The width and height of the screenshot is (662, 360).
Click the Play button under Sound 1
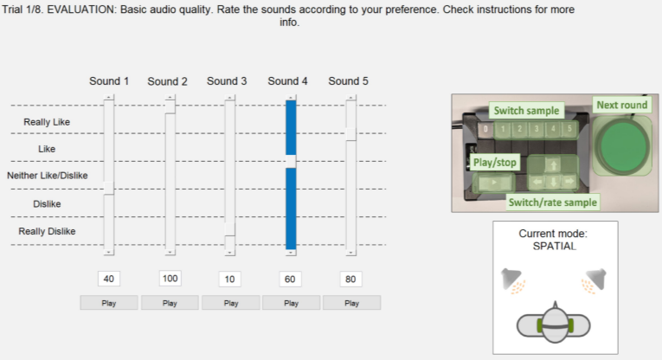[109, 303]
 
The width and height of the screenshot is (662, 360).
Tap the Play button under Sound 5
[351, 303]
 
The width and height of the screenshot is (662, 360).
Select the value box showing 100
[170, 279]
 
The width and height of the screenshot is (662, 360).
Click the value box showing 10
[229, 279]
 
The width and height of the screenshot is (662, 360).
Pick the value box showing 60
[290, 279]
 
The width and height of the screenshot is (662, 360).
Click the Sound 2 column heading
[167, 81]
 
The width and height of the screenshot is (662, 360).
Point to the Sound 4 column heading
[287, 81]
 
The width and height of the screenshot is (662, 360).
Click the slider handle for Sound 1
[108, 189]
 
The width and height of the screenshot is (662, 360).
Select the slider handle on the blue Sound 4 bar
[291, 161]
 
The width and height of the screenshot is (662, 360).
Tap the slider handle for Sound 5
[350, 134]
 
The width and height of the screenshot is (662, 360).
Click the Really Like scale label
[47, 122]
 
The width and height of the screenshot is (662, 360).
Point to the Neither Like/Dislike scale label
[48, 175]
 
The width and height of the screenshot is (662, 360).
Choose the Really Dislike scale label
[47, 231]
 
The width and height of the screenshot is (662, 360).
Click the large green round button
[623, 145]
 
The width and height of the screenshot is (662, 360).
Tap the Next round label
[621, 105]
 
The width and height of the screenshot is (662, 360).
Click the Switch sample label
[526, 111]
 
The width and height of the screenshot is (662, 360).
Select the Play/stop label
[495, 163]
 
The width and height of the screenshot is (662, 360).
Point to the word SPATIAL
[555, 247]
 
